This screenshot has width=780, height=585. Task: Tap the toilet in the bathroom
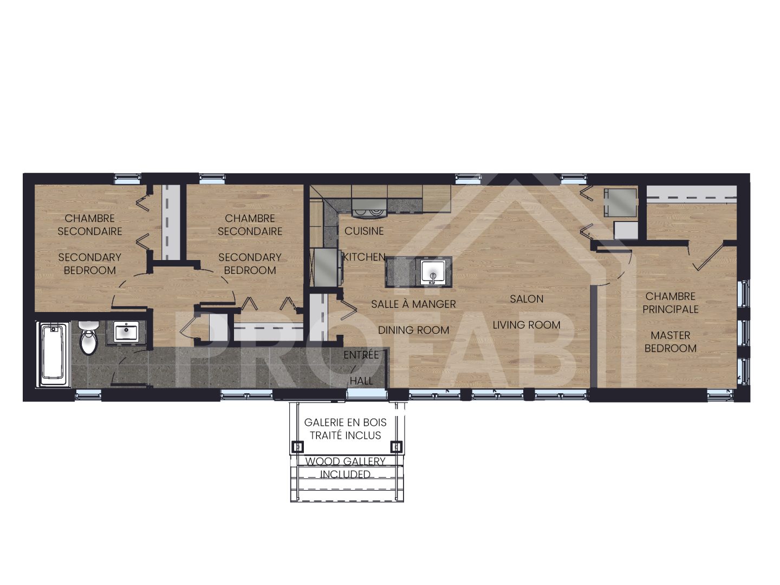(88, 338)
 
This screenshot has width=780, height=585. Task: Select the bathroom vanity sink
(126, 332)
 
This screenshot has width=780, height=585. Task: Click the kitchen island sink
(433, 271)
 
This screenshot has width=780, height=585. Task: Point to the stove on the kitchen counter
(369, 205)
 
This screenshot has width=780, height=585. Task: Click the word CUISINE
(364, 231)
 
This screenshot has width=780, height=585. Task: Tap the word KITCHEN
(364, 257)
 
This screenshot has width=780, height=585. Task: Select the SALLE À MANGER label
(413, 304)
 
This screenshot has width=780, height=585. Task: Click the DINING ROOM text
(413, 330)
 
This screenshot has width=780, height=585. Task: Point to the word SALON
(526, 299)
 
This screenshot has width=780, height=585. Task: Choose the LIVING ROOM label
(526, 325)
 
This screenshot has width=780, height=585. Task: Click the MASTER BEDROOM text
(671, 342)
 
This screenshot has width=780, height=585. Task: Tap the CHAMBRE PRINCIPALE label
(671, 303)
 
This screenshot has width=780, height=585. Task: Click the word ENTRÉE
(361, 355)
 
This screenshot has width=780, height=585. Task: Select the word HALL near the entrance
(361, 381)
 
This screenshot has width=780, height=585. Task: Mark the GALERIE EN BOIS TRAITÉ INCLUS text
(345, 428)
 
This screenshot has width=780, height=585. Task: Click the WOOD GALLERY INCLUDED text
(345, 468)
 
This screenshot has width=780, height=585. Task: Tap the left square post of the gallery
(297, 447)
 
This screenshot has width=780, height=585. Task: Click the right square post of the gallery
(396, 447)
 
